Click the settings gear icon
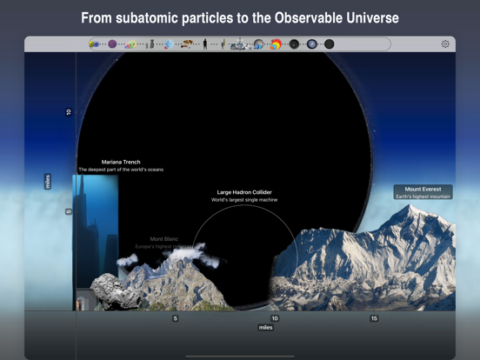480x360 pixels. [445, 43]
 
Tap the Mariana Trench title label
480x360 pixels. [121, 162]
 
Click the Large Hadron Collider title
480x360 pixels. [244, 192]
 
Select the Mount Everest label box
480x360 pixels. [423, 192]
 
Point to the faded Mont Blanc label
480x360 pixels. [163, 239]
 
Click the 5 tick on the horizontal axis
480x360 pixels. [175, 318]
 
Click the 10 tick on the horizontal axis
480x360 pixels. [275, 318]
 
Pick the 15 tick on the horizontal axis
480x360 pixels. [374, 318]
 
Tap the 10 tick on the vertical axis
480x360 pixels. [69, 112]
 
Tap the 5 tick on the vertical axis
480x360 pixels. [69, 211]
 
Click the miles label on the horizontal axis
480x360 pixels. [265, 328]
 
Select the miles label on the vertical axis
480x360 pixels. [48, 181]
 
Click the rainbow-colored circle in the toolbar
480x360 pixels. [276, 44]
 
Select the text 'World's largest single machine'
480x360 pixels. [244, 200]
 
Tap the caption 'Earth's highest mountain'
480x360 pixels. [423, 197]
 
